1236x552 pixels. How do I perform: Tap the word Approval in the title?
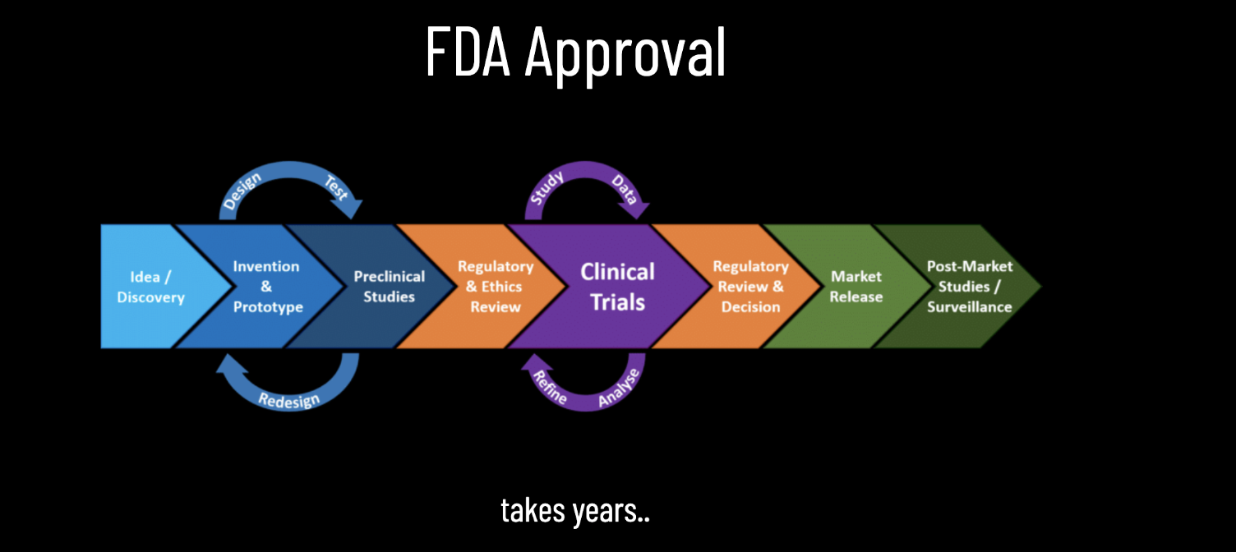click(x=625, y=53)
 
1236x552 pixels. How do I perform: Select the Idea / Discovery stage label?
click(x=151, y=287)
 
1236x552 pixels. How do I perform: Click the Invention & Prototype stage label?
click(x=267, y=287)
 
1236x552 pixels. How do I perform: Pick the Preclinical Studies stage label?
click(x=390, y=287)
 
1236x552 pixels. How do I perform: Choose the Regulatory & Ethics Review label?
click(x=496, y=287)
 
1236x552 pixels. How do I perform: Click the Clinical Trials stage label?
click(x=618, y=287)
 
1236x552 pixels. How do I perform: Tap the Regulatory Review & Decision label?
click(x=750, y=287)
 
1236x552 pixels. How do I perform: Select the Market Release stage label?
click(x=856, y=287)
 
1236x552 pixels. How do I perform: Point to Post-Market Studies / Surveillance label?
click(x=970, y=287)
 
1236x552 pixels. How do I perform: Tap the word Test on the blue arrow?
click(x=336, y=188)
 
